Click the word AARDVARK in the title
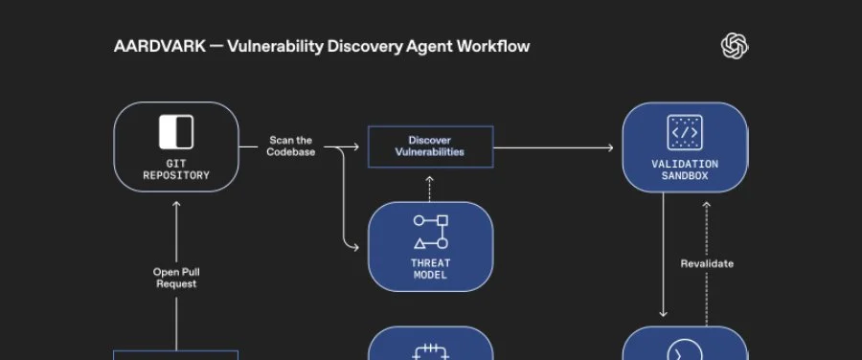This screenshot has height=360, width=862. (x=159, y=46)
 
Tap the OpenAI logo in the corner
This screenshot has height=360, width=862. (x=735, y=46)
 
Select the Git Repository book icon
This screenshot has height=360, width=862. (x=176, y=132)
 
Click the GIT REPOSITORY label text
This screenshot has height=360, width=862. (x=176, y=169)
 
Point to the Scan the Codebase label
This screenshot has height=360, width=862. (x=291, y=146)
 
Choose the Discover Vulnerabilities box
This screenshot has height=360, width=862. (x=430, y=146)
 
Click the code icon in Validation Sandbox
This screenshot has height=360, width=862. (x=685, y=132)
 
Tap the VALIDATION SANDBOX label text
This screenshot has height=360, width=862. (x=685, y=169)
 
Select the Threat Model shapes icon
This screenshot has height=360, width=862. (x=430, y=232)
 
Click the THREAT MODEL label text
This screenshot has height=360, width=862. (x=430, y=269)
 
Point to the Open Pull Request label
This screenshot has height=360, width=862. (x=176, y=278)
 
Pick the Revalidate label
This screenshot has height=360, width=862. (x=707, y=264)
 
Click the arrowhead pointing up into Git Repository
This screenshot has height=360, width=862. (x=176, y=205)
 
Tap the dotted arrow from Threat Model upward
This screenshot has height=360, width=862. (x=429, y=189)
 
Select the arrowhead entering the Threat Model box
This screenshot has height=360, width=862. (x=355, y=248)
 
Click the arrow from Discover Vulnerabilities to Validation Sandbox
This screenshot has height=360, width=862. (x=554, y=147)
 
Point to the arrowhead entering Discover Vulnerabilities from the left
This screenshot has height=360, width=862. (x=355, y=146)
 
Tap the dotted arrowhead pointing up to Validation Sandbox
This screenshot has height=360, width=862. (x=707, y=206)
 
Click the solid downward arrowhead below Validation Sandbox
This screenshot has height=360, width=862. (x=663, y=313)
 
